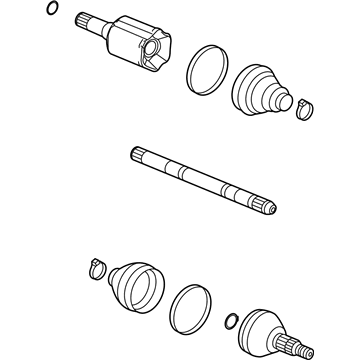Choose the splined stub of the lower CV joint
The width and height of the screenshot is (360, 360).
tap(299, 345)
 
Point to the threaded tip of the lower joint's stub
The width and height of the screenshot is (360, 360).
tap(311, 353)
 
